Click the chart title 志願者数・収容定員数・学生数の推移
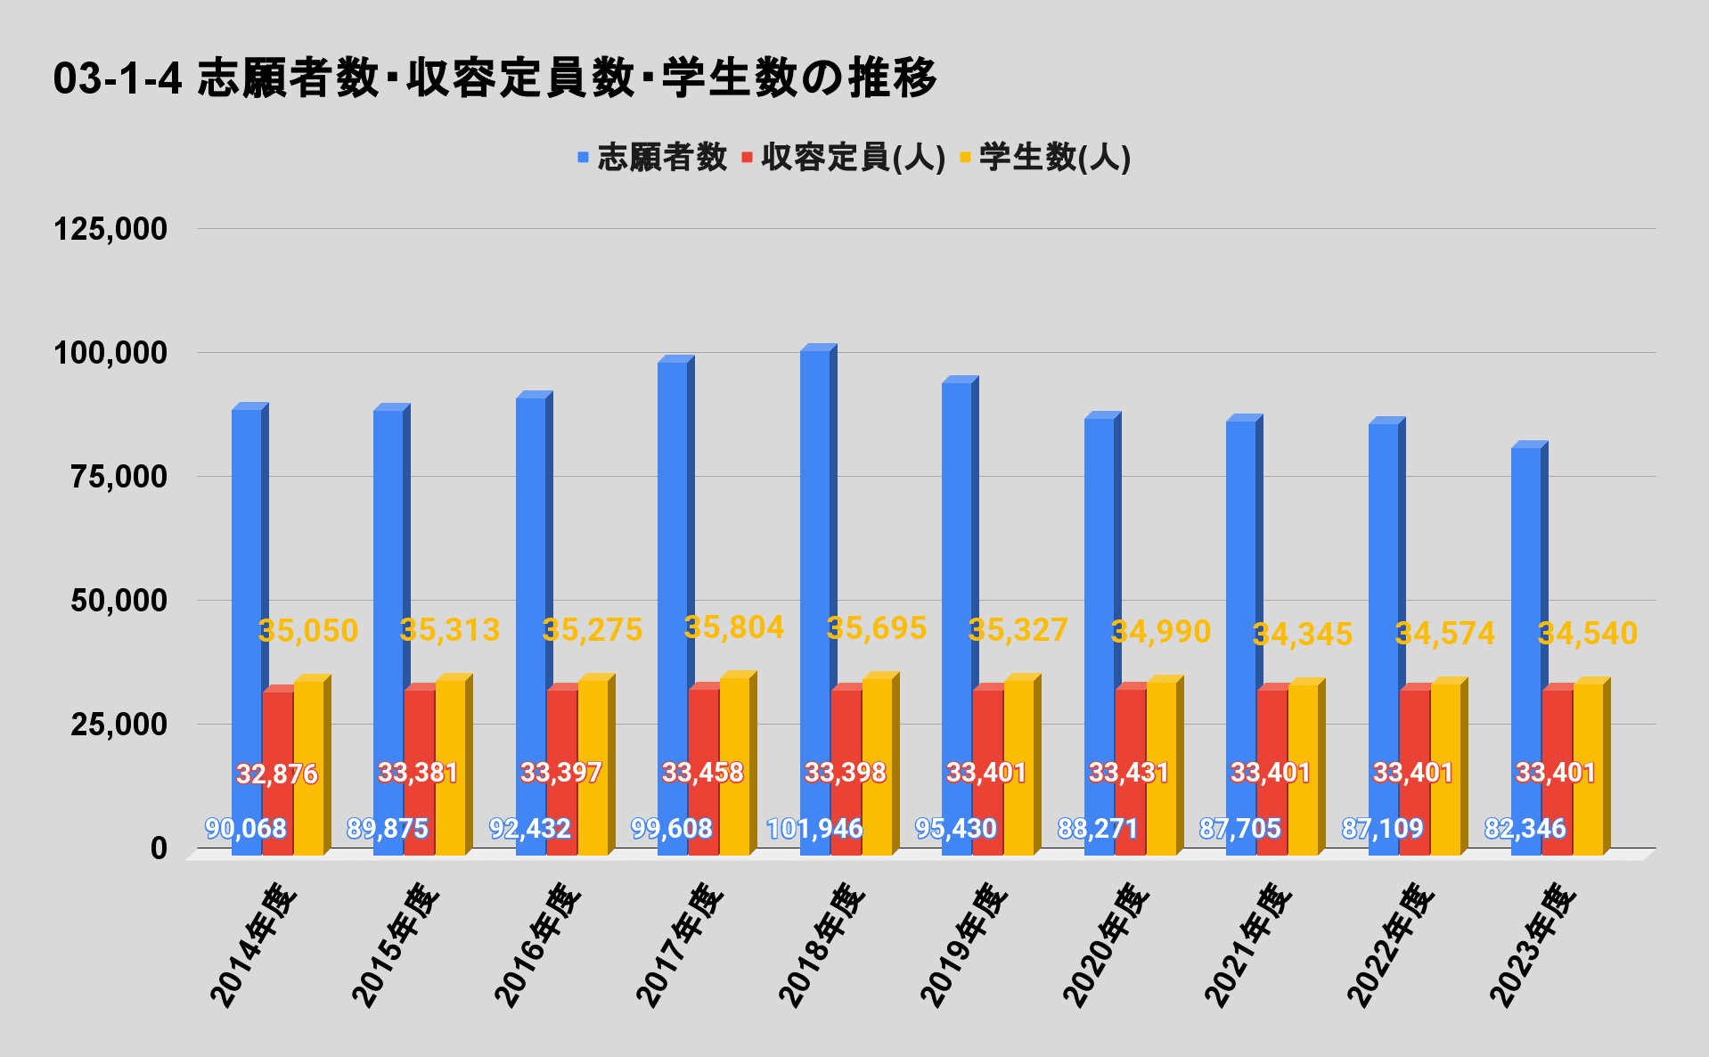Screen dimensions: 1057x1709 495,78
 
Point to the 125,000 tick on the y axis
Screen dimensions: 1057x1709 110,229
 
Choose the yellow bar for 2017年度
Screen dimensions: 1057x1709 734,766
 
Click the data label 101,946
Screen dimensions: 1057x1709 814,829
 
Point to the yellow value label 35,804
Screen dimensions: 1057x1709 734,627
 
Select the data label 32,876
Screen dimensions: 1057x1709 277,774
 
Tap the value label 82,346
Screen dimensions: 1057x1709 1525,829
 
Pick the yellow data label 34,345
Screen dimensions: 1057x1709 1303,635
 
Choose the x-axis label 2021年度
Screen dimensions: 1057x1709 1247,945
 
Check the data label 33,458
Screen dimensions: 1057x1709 703,772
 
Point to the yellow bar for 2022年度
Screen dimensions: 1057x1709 1445,766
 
